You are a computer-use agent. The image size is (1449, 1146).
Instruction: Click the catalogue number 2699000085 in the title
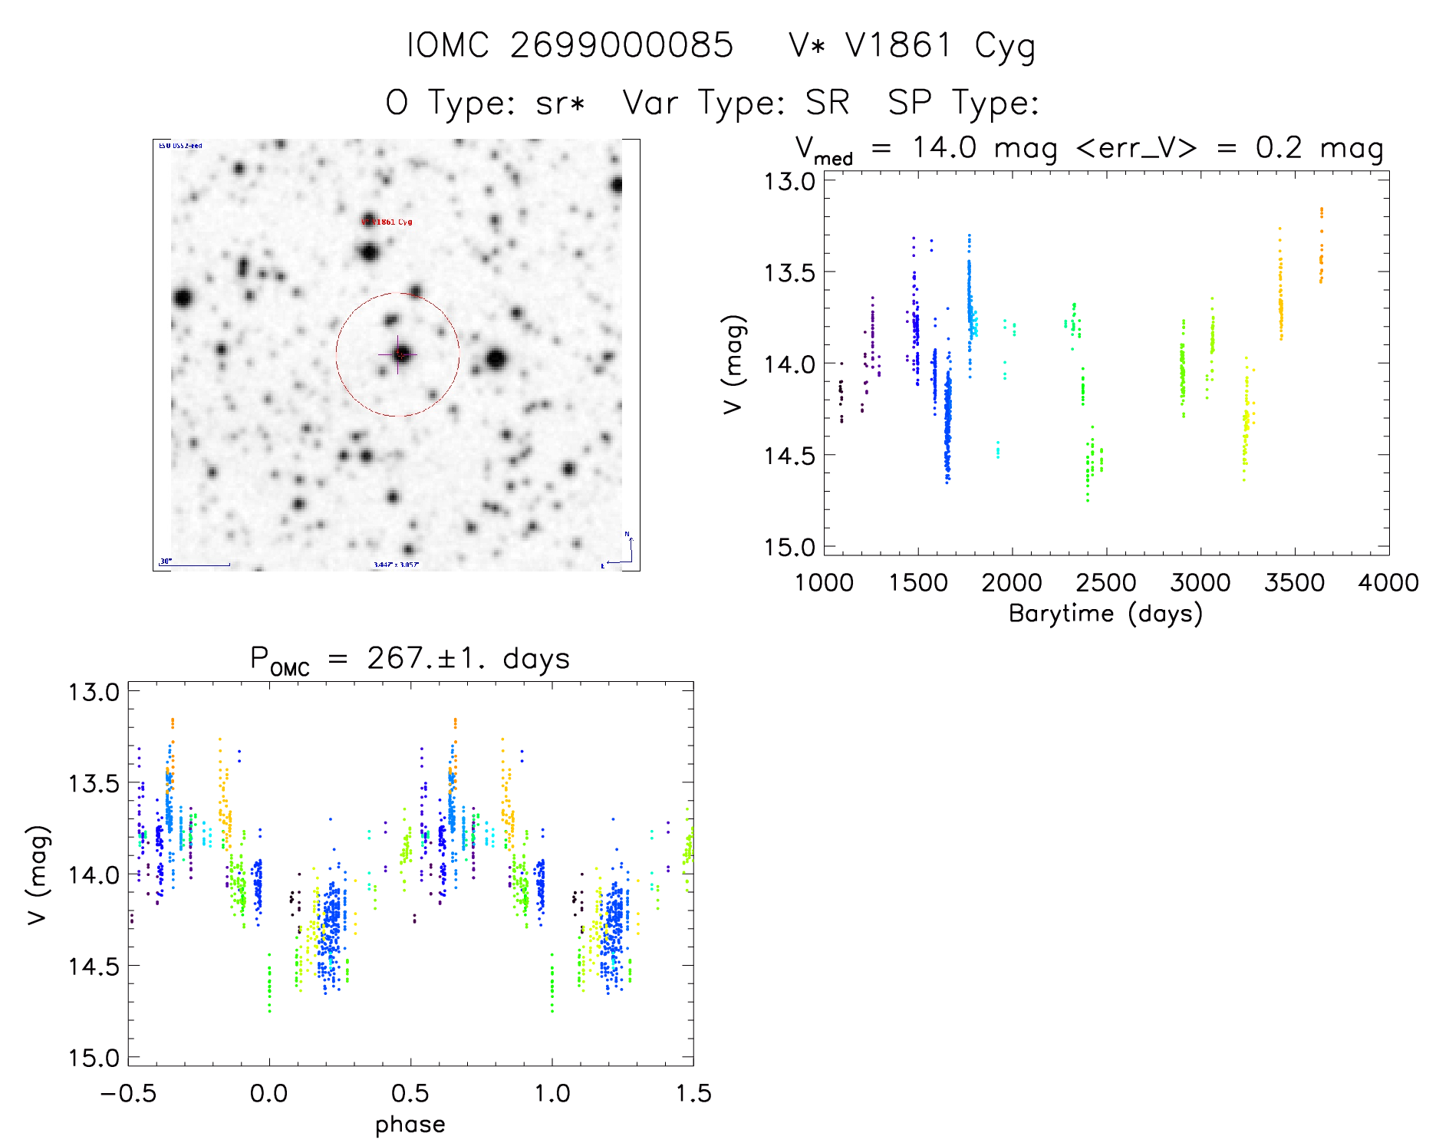[621, 46]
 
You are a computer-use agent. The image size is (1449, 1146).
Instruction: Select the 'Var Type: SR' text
[736, 103]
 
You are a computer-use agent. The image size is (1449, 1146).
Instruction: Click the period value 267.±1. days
[468, 658]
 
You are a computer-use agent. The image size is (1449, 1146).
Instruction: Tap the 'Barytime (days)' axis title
[1105, 614]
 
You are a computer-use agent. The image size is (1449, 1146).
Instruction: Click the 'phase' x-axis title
[410, 1125]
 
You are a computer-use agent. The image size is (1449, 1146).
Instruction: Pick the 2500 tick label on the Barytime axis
[1106, 583]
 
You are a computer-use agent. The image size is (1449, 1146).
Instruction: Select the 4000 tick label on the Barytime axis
[1388, 583]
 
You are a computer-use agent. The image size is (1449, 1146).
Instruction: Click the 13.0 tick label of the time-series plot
[789, 182]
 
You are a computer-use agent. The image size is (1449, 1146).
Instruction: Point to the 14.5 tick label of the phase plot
[94, 967]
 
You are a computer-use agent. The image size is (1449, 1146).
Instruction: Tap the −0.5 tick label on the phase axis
[128, 1094]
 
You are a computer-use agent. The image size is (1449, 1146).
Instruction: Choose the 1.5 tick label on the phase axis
[693, 1094]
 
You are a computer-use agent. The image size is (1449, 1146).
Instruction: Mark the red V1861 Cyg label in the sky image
[387, 222]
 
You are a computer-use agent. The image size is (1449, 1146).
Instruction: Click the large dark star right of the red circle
[496, 358]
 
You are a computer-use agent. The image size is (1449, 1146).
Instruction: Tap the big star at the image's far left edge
[183, 298]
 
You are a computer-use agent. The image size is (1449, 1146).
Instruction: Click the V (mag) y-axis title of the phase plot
[38, 874]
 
